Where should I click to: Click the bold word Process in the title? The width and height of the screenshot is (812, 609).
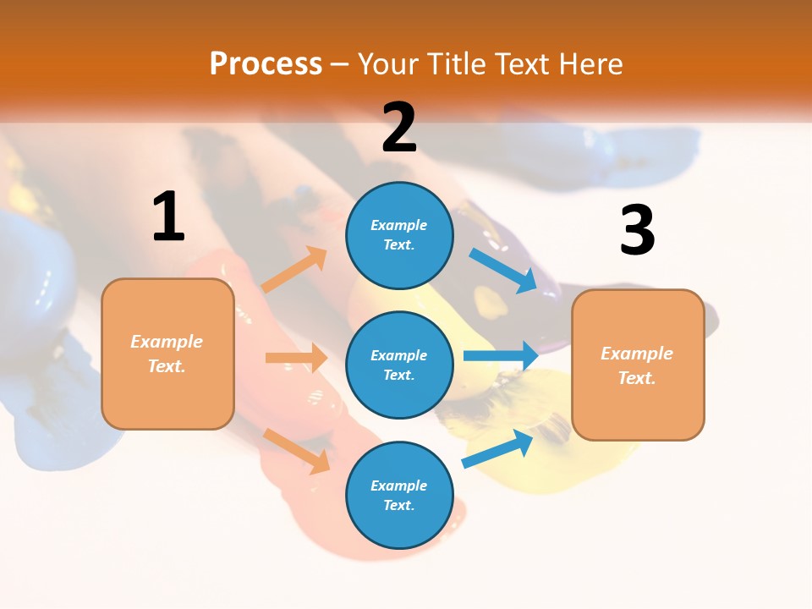(266, 64)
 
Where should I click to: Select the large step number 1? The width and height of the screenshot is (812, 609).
(168, 217)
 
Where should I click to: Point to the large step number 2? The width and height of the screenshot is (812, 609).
(399, 128)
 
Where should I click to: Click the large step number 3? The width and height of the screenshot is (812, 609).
(637, 231)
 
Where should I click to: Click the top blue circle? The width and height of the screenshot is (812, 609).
(399, 235)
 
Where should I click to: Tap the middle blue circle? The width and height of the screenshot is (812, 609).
(399, 365)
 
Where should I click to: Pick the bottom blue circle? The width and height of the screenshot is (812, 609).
(399, 495)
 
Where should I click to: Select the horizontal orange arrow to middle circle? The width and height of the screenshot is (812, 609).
(296, 358)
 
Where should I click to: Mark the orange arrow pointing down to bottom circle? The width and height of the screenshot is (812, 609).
(297, 451)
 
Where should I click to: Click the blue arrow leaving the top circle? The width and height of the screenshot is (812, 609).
(504, 271)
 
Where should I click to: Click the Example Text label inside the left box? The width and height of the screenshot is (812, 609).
(167, 354)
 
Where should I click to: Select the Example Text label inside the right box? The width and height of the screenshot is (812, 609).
(637, 365)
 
